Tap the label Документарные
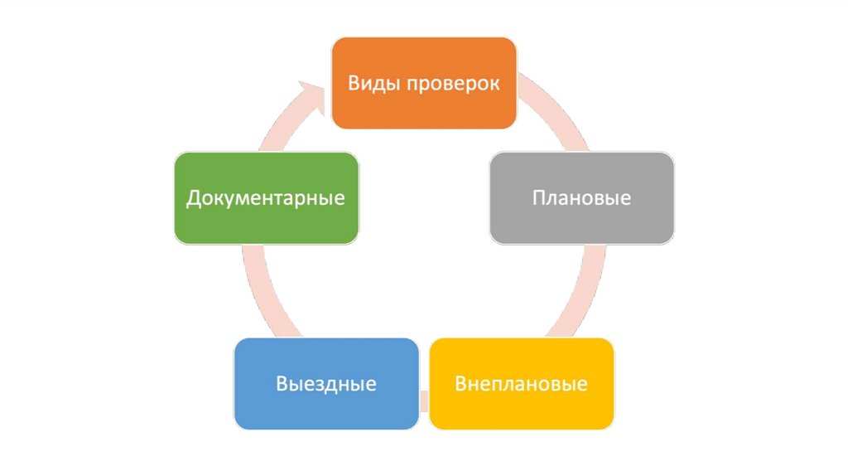(x=266, y=199)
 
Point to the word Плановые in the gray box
(x=581, y=199)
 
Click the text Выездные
(x=326, y=384)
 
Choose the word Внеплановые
(x=522, y=384)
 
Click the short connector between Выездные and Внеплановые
(x=424, y=401)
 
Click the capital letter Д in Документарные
(x=193, y=199)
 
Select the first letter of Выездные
(x=282, y=384)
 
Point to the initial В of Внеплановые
(x=461, y=384)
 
